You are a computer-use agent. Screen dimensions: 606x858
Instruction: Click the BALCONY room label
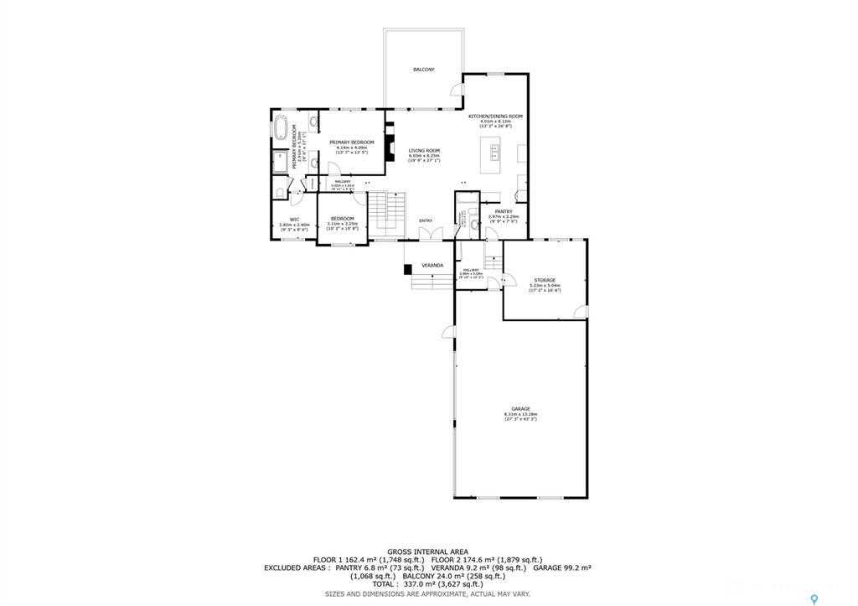(x=423, y=70)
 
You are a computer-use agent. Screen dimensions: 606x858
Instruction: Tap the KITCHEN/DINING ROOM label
(x=495, y=116)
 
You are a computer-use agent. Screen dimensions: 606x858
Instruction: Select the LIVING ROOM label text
(x=423, y=151)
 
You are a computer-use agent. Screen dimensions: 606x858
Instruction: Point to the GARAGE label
(x=520, y=409)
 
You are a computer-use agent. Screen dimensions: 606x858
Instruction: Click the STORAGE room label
(x=545, y=280)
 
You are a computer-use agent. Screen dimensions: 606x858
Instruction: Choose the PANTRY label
(x=503, y=211)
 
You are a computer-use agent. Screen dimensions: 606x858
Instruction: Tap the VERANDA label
(x=432, y=266)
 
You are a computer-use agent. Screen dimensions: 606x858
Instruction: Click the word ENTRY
(x=426, y=220)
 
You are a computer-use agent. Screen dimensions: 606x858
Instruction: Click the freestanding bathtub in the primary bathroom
(x=282, y=130)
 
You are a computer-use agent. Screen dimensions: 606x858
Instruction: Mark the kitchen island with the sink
(x=492, y=156)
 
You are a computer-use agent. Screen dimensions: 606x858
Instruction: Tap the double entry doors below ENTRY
(x=426, y=235)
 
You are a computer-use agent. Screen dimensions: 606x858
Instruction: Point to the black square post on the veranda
(x=407, y=269)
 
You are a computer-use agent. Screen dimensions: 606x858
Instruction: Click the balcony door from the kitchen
(x=457, y=91)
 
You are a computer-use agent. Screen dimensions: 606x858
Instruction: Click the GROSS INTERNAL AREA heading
(x=427, y=551)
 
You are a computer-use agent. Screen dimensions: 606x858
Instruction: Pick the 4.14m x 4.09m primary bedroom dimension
(x=351, y=148)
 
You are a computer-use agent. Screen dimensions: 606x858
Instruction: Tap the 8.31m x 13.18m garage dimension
(x=520, y=414)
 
